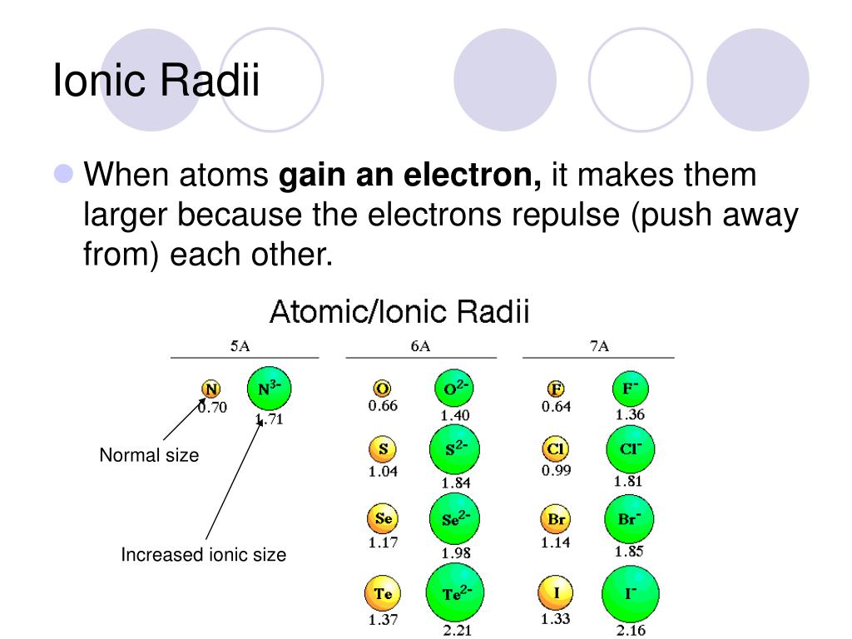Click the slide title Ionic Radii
156,82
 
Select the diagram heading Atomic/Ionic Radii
400,314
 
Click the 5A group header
240,347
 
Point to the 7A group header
599,347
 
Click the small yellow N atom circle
212,389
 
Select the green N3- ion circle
270,389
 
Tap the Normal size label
149,455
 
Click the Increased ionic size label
203,554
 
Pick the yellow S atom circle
383,449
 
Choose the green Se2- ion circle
456,519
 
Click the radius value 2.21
458,630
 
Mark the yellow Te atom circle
383,594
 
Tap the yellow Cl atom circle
556,449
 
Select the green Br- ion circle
629,518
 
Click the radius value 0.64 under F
556,407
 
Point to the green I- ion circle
629,594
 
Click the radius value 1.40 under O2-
455,415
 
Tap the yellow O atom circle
383,389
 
